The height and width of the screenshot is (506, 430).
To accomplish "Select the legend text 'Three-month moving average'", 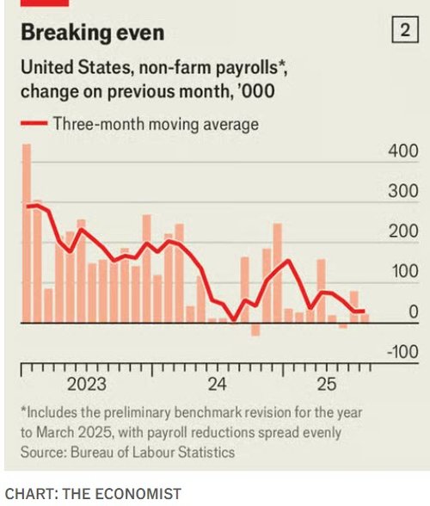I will click(155, 124).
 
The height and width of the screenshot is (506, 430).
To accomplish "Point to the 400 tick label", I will click(403, 151).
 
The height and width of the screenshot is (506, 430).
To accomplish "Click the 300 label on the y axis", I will click(403, 192).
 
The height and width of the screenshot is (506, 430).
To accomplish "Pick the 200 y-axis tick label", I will click(403, 231).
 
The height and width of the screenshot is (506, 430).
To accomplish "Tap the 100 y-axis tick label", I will click(403, 272).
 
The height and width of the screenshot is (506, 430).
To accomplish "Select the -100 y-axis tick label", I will click(402, 352).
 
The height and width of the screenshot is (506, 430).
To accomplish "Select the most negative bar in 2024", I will click(255, 330).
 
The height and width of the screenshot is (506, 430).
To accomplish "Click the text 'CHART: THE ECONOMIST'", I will click(93, 493).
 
